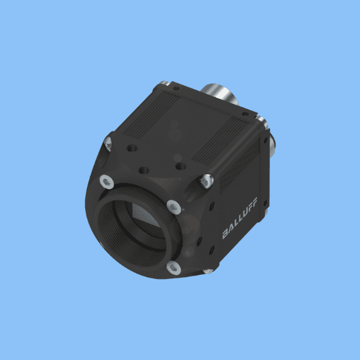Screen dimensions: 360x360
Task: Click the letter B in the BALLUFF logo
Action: [226, 234]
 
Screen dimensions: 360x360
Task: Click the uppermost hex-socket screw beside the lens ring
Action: [107, 182]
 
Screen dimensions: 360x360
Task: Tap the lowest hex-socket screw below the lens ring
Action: [173, 268]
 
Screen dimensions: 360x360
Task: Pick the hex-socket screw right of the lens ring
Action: [174, 207]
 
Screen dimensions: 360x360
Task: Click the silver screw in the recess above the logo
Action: [206, 181]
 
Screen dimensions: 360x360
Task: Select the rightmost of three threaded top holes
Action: [181, 166]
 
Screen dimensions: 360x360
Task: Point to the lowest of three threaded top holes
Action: [144, 170]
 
